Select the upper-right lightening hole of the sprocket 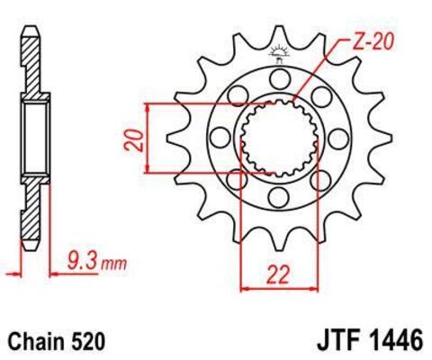(319, 96)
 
